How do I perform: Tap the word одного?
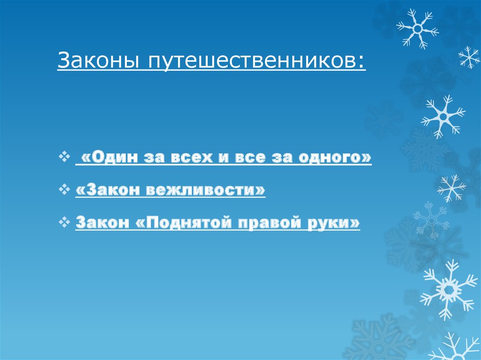(329, 159)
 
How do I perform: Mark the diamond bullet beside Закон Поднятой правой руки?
(65, 222)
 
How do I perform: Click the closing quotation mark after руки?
(356, 222)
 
